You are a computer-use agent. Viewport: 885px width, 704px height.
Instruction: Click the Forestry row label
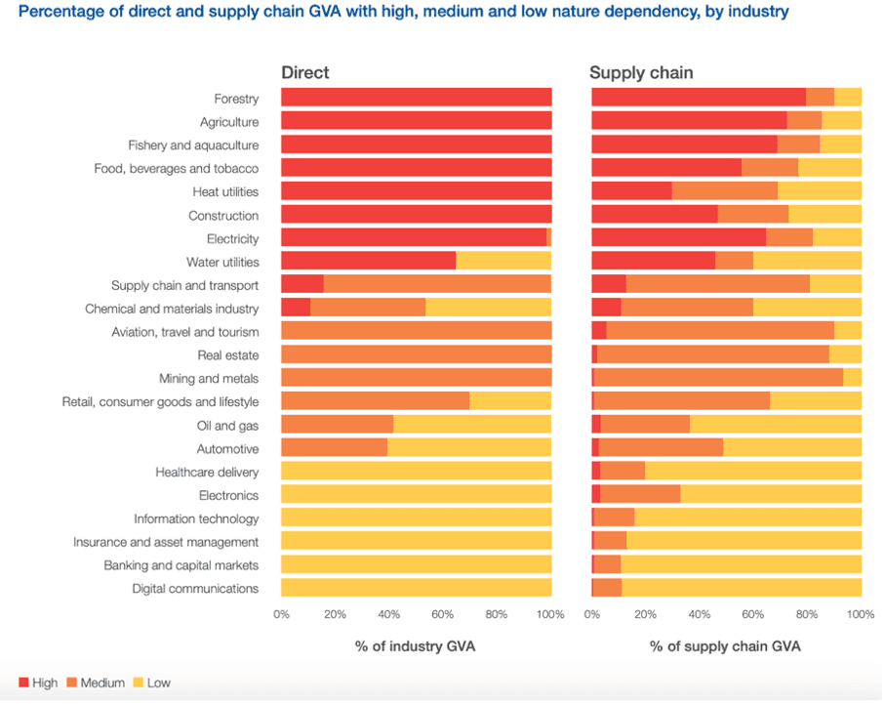point(236,99)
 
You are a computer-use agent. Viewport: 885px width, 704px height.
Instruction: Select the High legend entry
point(38,683)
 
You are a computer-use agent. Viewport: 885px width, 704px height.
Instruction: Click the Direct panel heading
point(305,72)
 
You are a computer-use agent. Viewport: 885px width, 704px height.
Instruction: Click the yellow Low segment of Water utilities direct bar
point(503,261)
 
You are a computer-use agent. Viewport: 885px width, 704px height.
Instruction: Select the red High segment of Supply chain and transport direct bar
point(302,284)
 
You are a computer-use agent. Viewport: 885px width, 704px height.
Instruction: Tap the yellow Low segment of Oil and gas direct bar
point(472,424)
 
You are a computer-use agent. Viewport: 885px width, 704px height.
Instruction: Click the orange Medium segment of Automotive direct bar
point(334,447)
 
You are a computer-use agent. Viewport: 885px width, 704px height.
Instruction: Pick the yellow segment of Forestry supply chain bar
point(848,97)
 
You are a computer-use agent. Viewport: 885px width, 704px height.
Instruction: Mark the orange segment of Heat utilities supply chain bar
point(724,190)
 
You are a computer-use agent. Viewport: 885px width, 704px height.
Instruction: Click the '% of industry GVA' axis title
point(416,646)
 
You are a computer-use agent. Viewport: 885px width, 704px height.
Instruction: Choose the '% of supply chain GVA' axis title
point(725,646)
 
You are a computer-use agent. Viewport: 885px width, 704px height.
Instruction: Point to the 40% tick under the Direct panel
point(388,615)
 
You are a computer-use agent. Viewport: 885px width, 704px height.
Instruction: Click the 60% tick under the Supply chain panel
point(752,615)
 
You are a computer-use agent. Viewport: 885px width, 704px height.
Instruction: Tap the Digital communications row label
point(195,589)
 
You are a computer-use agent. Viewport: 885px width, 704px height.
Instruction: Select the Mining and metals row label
point(209,379)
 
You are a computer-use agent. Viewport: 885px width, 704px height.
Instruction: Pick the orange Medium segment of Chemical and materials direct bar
point(368,308)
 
